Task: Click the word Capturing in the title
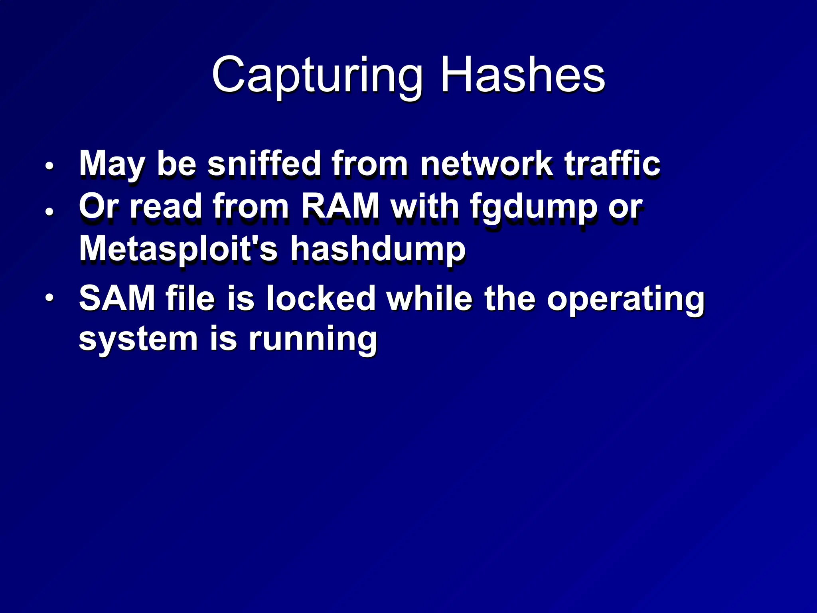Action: pyautogui.click(x=317, y=76)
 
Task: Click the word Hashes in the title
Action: pyautogui.click(x=523, y=75)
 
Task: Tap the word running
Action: pyautogui.click(x=313, y=340)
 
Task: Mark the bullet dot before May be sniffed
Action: pyautogui.click(x=49, y=166)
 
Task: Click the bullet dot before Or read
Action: pyautogui.click(x=49, y=211)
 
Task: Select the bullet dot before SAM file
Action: pyautogui.click(x=49, y=298)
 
